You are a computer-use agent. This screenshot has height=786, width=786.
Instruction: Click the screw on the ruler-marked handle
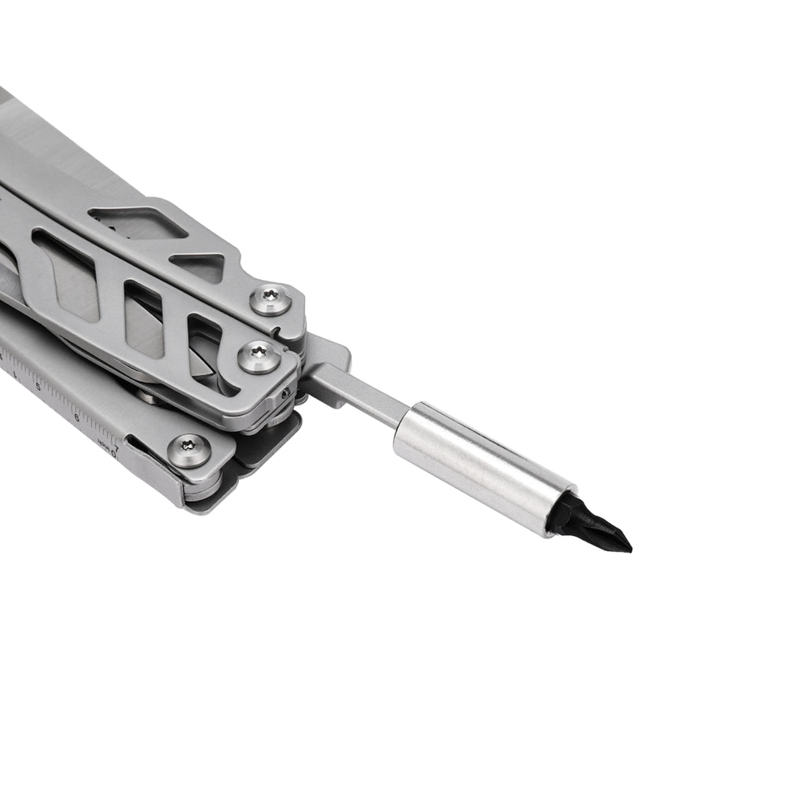(189, 451)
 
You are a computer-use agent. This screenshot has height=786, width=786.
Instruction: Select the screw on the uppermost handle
(271, 299)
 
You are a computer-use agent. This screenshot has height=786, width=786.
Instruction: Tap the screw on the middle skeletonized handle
(259, 357)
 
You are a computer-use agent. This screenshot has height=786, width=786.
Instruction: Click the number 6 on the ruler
(76, 417)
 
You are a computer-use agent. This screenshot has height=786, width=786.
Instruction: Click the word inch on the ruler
(103, 448)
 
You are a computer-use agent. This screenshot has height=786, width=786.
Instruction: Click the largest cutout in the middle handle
(67, 274)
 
